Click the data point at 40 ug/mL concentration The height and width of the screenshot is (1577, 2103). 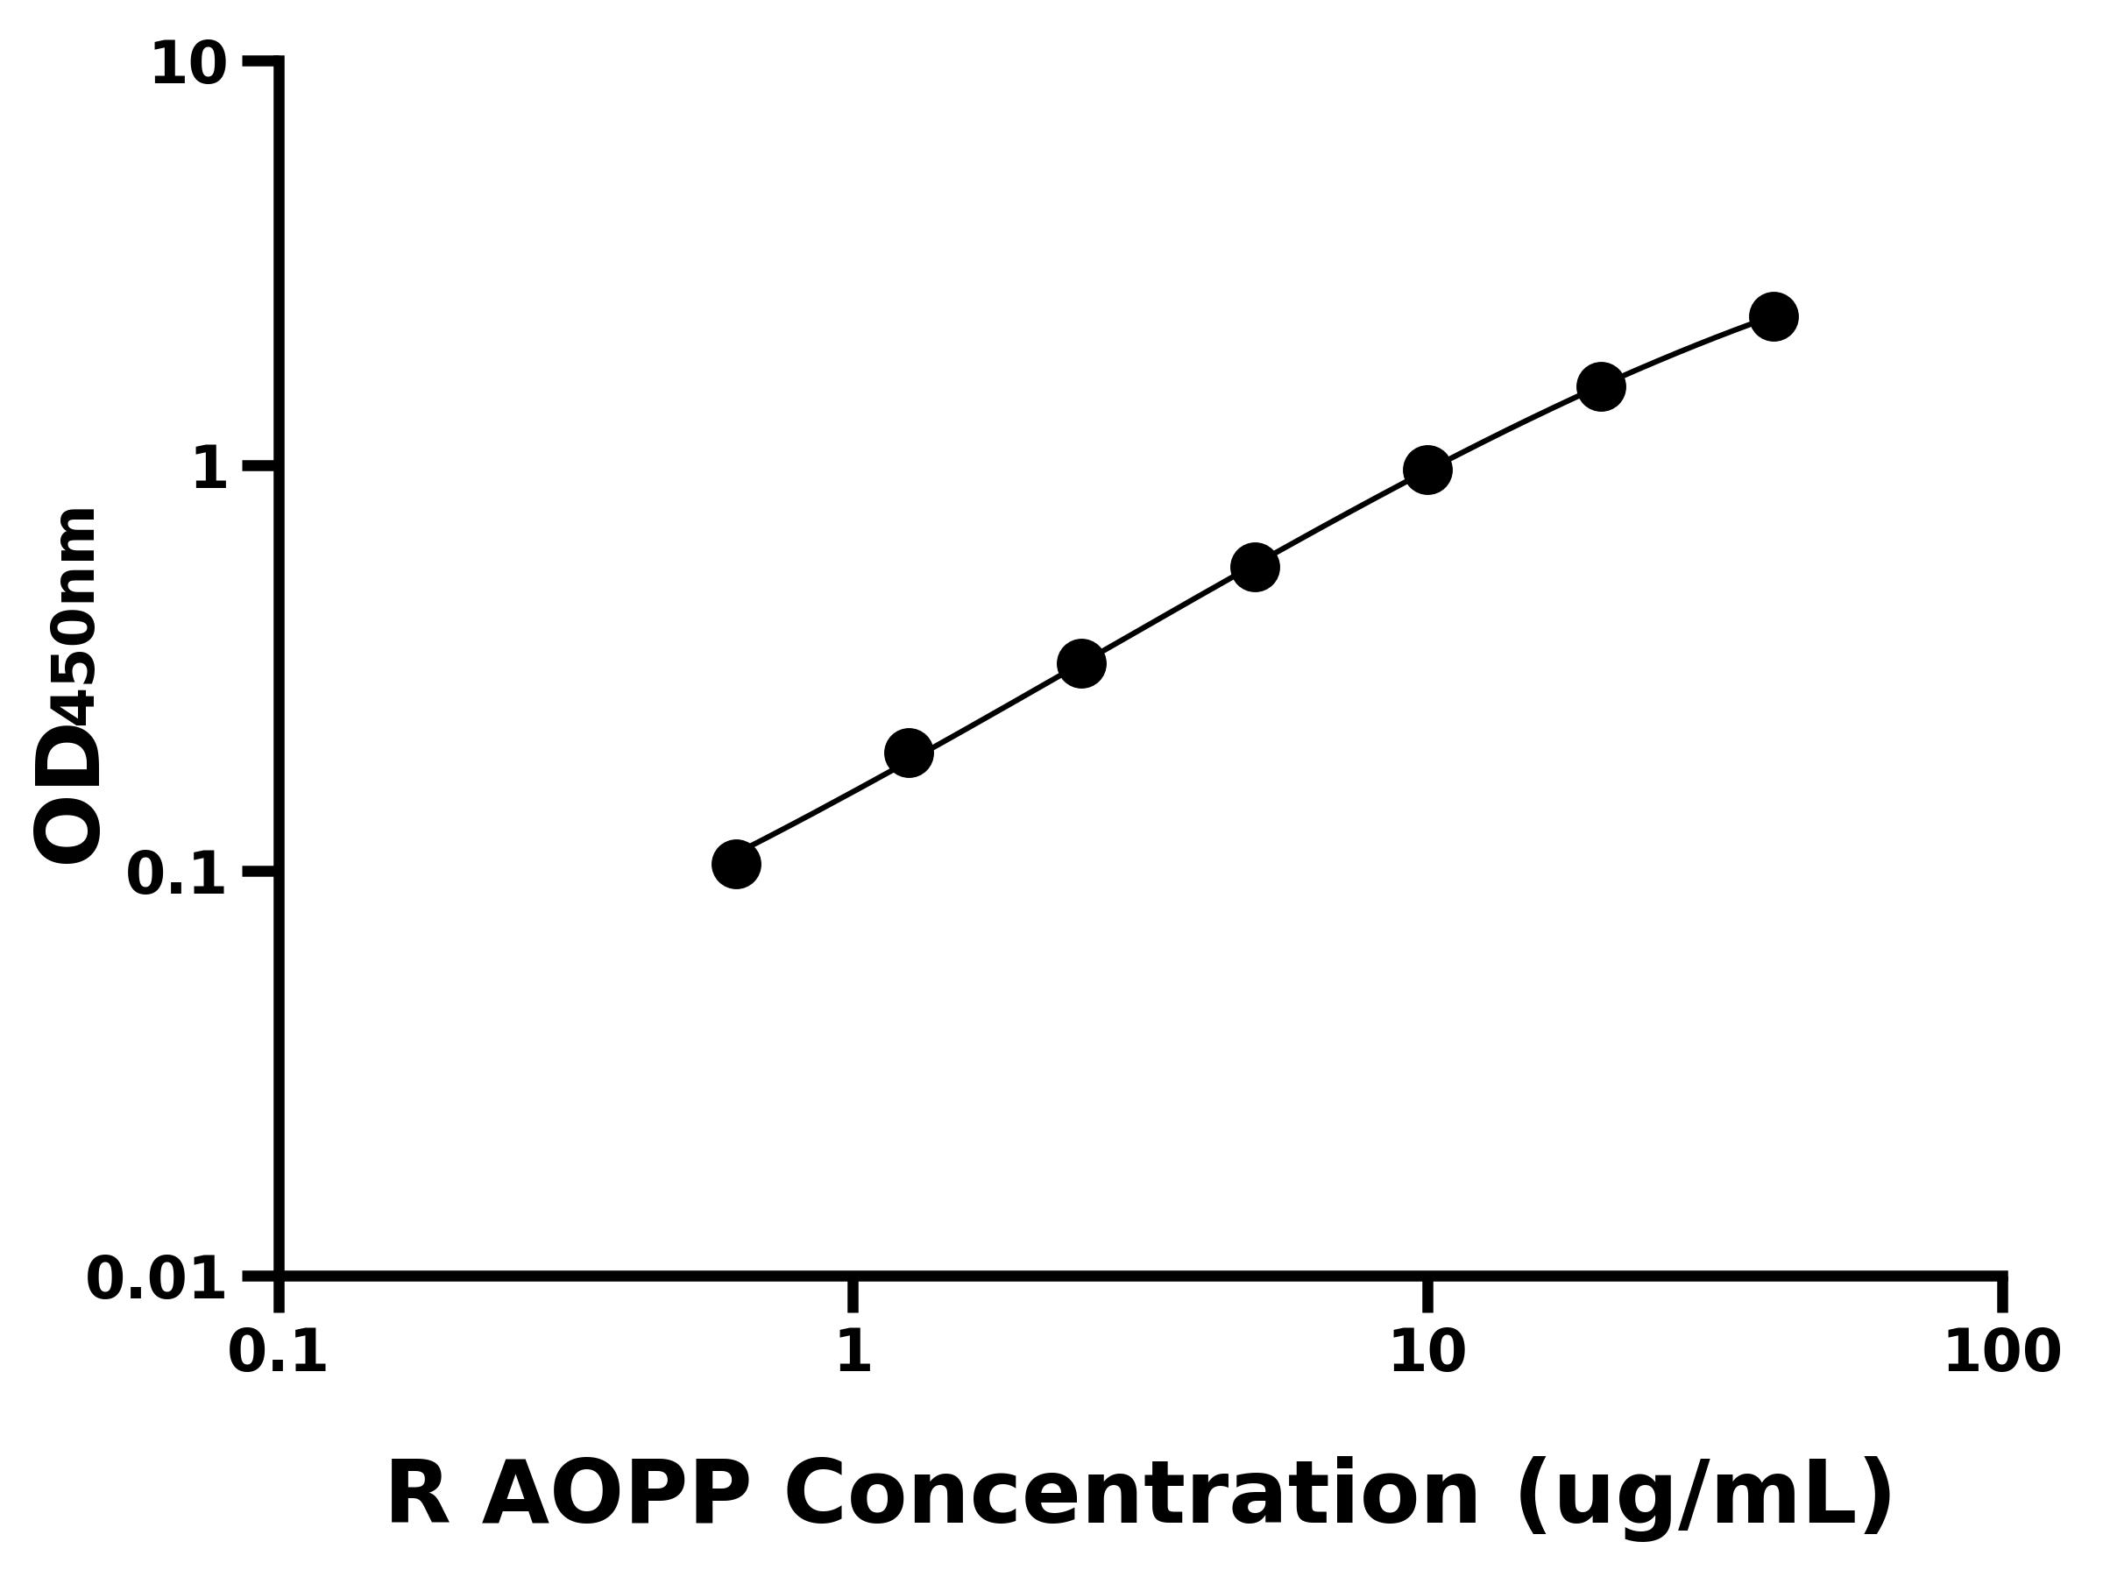pos(1774,316)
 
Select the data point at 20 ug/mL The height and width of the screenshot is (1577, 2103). pos(1601,387)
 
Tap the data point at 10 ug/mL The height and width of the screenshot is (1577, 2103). pos(1427,470)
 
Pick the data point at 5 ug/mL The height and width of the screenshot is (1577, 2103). pos(1255,568)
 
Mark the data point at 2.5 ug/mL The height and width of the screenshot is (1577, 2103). pos(1081,662)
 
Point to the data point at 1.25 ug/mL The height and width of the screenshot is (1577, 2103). pos(908,753)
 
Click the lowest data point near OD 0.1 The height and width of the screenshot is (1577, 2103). pos(736,864)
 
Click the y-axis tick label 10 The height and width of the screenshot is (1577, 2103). pos(189,67)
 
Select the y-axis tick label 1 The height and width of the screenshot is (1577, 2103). pos(210,470)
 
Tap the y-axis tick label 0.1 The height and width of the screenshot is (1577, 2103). pos(177,874)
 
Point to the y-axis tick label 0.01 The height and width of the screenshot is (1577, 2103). pos(157,1279)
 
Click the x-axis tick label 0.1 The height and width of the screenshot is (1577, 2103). pos(278,1353)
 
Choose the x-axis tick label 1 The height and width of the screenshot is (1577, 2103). pos(853,1353)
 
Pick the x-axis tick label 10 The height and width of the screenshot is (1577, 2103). pos(1427,1353)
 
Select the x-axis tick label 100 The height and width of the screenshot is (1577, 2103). pos(2002,1353)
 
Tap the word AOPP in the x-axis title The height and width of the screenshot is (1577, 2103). pos(615,1496)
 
